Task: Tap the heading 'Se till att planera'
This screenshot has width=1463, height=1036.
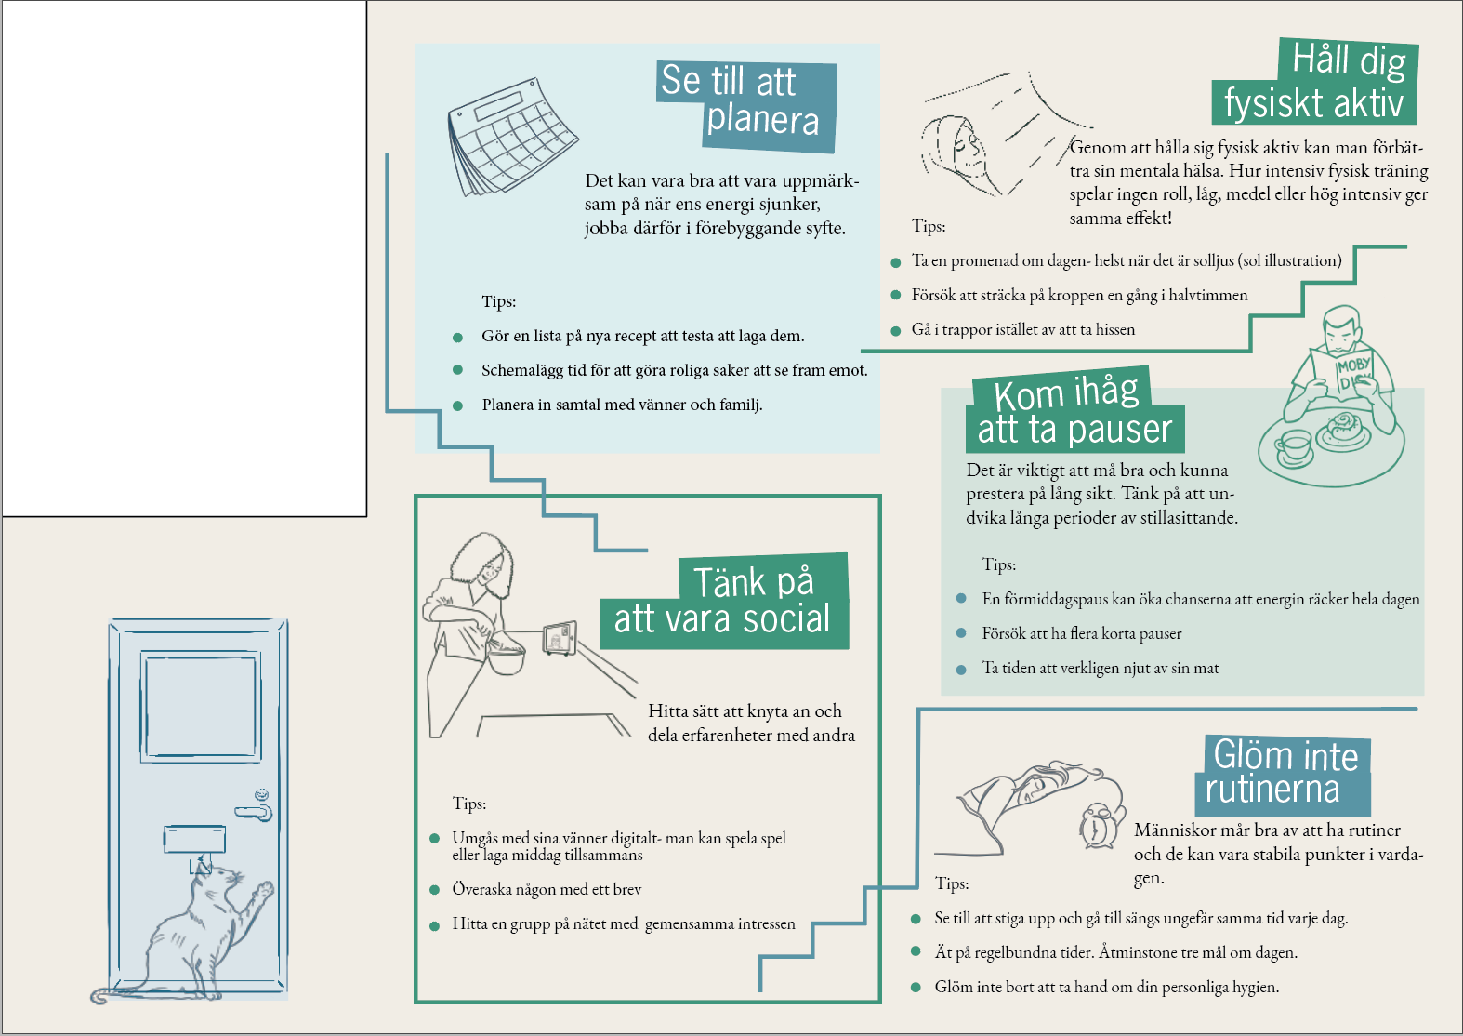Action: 745,107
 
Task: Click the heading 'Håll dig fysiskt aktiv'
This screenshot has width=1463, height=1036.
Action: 1314,82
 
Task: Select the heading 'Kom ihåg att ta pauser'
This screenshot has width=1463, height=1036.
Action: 1074,410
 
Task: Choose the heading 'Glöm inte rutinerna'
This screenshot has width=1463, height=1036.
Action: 1283,775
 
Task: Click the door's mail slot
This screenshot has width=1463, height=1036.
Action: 194,839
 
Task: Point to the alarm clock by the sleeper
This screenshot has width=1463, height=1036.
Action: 1097,826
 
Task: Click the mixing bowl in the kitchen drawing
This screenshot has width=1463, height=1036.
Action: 506,658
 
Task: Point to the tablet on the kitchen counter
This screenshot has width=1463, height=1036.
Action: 560,638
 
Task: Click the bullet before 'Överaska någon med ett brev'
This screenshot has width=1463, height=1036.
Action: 434,890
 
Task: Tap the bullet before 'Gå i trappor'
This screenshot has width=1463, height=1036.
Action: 896,331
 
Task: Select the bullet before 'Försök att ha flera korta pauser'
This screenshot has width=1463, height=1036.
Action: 961,632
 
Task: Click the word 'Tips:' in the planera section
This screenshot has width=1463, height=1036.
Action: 499,301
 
